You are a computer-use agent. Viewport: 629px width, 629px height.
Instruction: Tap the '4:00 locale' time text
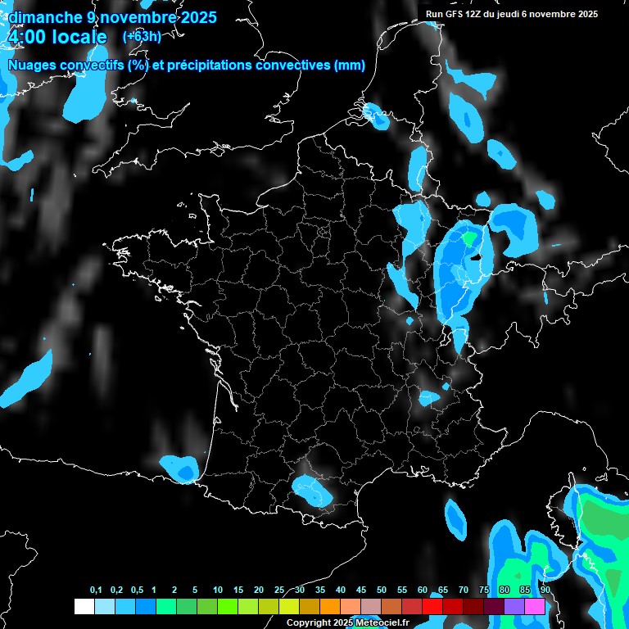(57, 38)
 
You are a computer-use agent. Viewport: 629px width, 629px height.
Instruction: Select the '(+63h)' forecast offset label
(143, 37)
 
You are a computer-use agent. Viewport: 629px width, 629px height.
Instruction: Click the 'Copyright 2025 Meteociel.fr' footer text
(347, 622)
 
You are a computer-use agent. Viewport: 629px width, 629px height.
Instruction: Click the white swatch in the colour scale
(84, 606)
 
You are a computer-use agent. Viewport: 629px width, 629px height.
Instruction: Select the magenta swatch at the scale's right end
(535, 606)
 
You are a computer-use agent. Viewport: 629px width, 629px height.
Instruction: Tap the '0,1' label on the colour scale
(95, 591)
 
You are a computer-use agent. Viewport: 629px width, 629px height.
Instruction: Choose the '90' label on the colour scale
(545, 591)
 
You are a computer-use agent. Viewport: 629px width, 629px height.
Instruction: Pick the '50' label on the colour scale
(382, 591)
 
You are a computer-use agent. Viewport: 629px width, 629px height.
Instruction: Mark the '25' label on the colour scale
(279, 591)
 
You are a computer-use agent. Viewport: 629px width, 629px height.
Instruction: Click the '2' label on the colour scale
(175, 591)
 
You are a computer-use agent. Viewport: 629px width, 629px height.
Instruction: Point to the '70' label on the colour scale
(464, 591)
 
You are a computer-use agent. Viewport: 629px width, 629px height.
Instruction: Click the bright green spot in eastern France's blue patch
(468, 238)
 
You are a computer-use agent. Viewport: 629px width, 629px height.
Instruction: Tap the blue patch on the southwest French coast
(180, 468)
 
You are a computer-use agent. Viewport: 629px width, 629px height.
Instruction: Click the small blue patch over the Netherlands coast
(377, 116)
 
